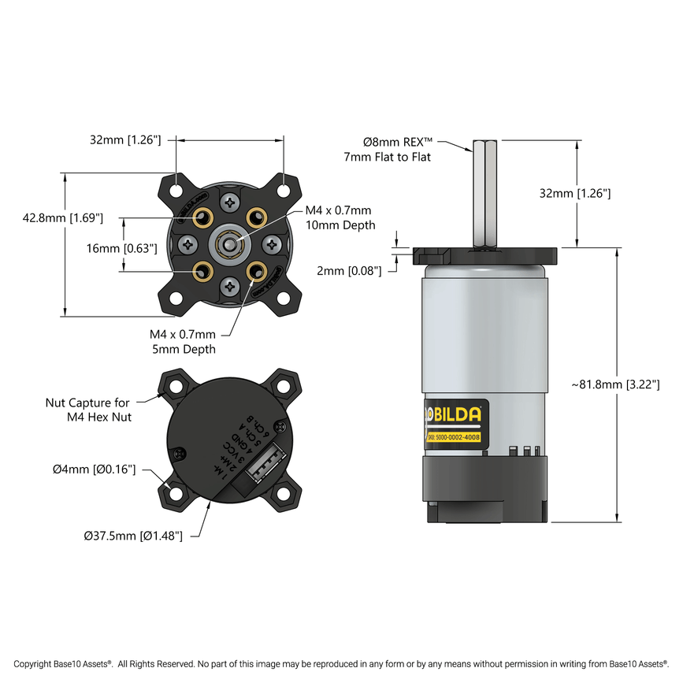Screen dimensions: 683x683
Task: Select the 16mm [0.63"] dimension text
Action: click(x=122, y=247)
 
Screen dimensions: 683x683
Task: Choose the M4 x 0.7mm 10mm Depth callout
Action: click(x=338, y=217)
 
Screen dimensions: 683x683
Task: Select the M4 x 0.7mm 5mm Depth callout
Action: click(x=183, y=341)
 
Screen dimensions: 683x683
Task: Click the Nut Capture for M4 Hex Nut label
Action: click(x=87, y=410)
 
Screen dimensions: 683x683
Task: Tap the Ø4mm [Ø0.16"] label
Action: click(x=95, y=470)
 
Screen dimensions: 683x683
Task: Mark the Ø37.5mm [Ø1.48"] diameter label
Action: click(x=133, y=536)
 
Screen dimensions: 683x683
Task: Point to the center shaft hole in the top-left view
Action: click(x=228, y=245)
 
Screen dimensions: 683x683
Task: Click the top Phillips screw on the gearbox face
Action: click(x=229, y=203)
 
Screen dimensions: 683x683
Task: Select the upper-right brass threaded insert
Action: click(x=256, y=217)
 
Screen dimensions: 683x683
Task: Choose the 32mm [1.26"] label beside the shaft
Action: click(x=575, y=193)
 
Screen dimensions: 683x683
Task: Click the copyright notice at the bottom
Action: click(x=341, y=664)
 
